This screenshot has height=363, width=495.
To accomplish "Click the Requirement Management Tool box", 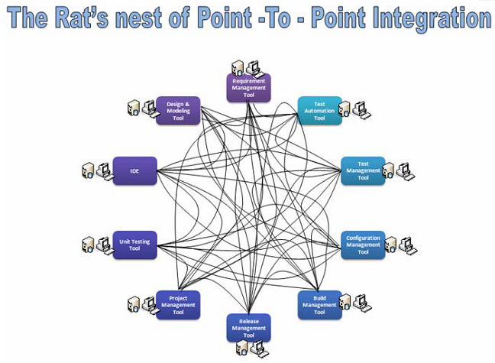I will click(248, 88).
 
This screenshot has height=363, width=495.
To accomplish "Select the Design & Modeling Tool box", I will click(178, 110).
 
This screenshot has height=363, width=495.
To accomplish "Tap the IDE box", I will click(134, 170).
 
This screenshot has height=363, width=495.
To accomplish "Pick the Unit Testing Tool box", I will click(134, 244).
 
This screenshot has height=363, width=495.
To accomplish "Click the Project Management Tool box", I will click(178, 303).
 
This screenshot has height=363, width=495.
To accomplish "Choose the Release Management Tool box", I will click(248, 327).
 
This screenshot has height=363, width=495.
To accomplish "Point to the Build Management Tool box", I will click(319, 303).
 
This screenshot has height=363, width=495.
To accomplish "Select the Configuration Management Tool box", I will click(363, 244).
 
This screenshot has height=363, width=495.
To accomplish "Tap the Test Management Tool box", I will click(363, 170).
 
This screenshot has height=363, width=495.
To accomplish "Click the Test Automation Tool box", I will click(319, 110).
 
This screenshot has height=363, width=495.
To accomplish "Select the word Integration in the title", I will click(412, 18).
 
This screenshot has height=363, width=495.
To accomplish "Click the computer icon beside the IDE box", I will click(96, 170).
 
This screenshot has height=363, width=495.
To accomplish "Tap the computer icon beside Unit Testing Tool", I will click(96, 244).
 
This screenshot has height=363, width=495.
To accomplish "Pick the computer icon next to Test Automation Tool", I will click(354, 110).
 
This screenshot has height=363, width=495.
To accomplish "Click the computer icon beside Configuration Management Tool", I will click(400, 245).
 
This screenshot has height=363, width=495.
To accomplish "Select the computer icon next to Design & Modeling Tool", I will click(141, 108).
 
